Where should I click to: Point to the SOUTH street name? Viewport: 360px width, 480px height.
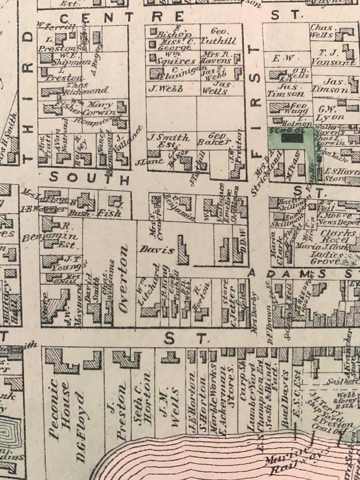(89, 178)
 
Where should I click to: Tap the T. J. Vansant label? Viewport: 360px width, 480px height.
(336, 58)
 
